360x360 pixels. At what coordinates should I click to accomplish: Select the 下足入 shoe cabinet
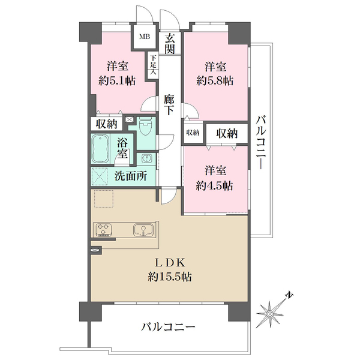point(154,64)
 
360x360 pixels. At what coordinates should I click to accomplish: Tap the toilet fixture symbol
point(146,127)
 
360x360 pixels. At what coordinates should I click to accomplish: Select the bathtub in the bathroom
point(100,148)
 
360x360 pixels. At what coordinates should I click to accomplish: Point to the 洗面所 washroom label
point(131,176)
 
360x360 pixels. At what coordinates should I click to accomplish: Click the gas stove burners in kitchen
point(104,230)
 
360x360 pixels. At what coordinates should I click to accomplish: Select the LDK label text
point(170,262)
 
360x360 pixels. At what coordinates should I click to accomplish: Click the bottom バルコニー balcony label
point(169,328)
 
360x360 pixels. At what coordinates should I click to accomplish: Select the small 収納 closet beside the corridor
point(192,133)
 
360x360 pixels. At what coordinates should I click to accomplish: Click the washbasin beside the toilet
point(146,159)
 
